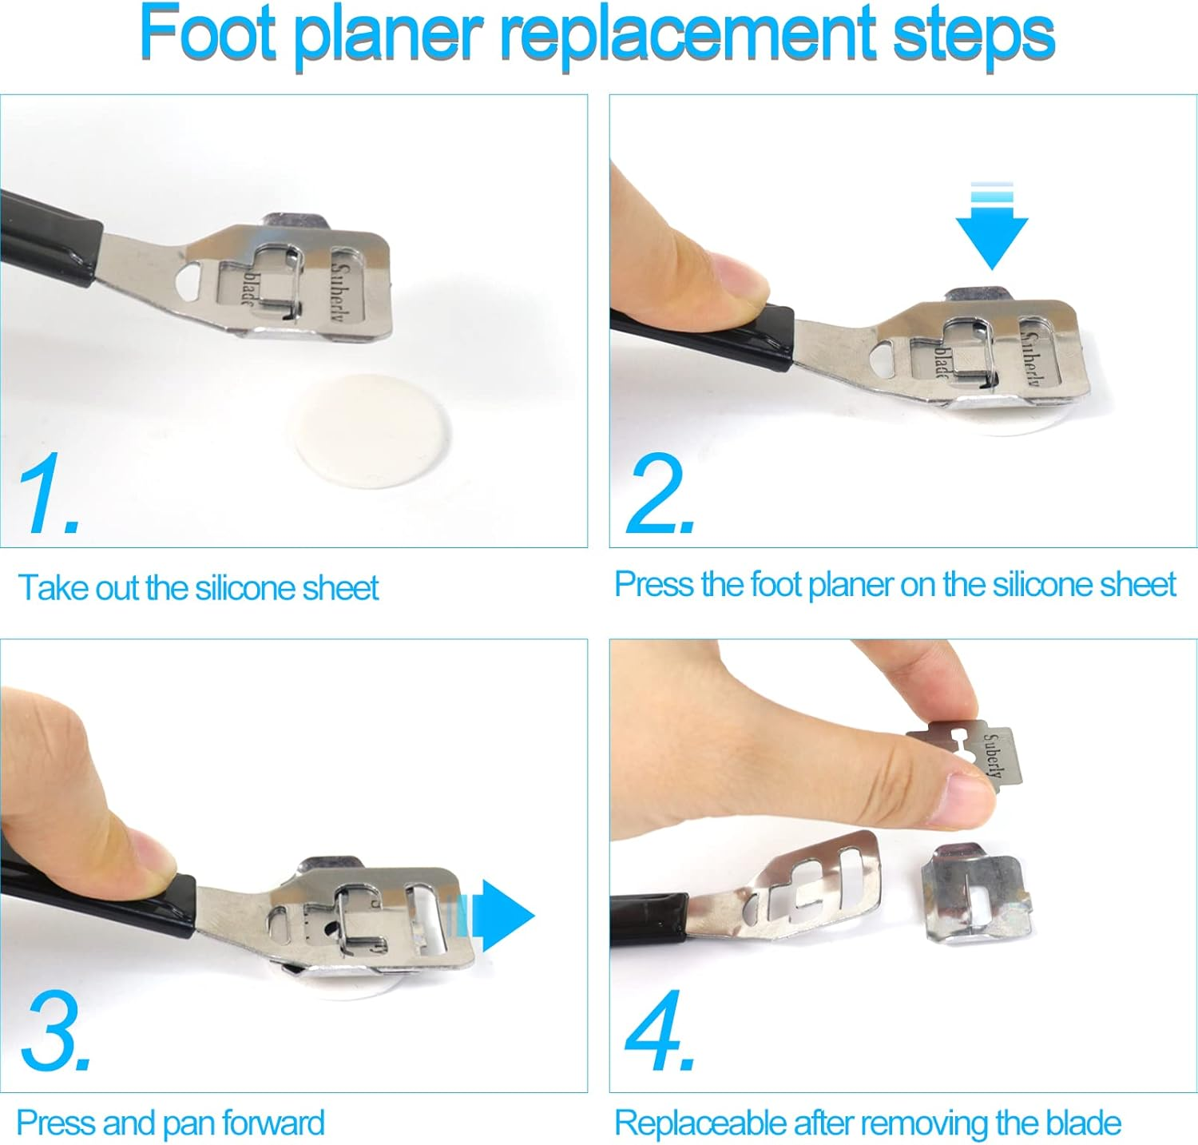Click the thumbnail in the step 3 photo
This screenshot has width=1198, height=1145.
point(144,855)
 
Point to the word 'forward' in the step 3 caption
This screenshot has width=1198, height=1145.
point(273,1123)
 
